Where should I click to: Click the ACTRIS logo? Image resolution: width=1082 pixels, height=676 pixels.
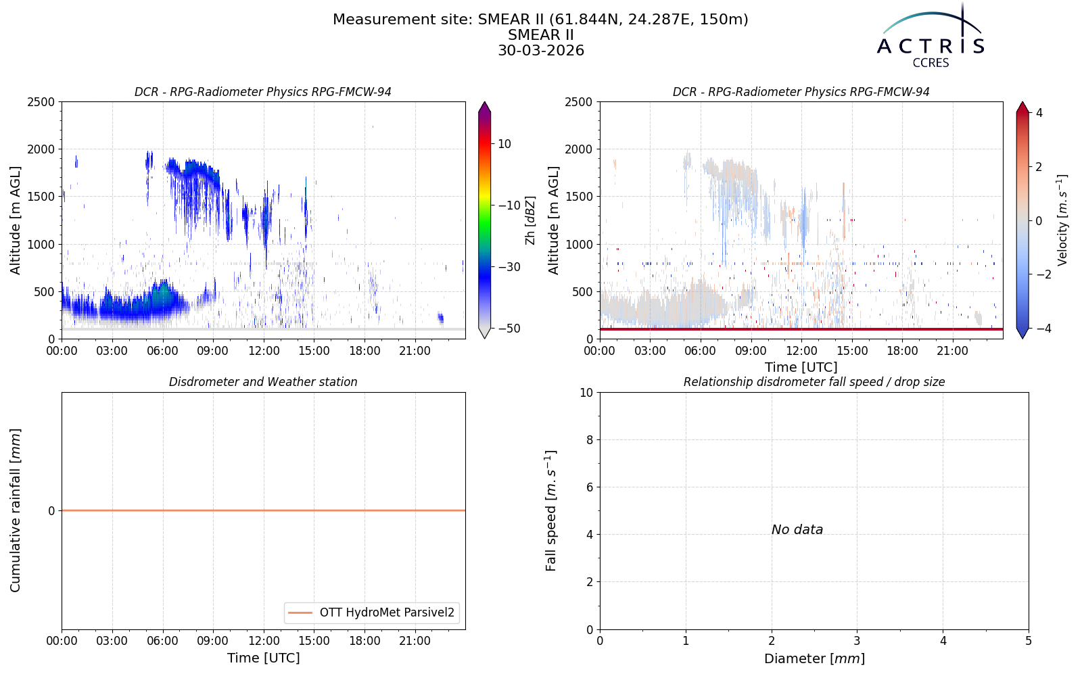coord(931,37)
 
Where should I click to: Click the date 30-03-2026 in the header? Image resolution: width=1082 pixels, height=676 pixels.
coord(541,50)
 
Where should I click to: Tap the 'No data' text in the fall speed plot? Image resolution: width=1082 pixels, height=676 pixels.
coord(797,530)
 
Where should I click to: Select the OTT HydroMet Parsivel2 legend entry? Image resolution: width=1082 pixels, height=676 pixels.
coord(371,612)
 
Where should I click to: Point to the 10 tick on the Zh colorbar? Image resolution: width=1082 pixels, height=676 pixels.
coord(504,144)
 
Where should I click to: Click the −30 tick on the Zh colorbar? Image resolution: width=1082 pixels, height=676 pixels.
coord(508,267)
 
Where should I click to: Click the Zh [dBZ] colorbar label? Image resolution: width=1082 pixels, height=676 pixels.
coord(530,220)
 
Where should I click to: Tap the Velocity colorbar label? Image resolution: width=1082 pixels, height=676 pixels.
coord(1062,220)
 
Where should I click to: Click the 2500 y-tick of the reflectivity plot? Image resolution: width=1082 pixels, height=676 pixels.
coord(41,102)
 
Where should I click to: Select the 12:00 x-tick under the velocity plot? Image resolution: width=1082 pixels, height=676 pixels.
coord(801,351)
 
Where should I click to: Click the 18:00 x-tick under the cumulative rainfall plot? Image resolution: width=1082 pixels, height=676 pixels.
coord(364,642)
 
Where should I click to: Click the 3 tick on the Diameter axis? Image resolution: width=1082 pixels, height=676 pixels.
coord(857,642)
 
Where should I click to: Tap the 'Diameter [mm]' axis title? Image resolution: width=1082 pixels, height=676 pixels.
coord(814,658)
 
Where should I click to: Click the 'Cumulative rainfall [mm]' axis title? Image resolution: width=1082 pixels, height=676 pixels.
coord(16,510)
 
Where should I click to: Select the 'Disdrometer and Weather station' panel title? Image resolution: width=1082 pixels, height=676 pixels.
coord(263,382)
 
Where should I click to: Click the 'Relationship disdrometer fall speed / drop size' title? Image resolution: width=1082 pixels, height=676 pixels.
coord(814,382)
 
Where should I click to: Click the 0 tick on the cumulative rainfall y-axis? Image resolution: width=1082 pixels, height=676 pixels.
coord(51,511)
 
